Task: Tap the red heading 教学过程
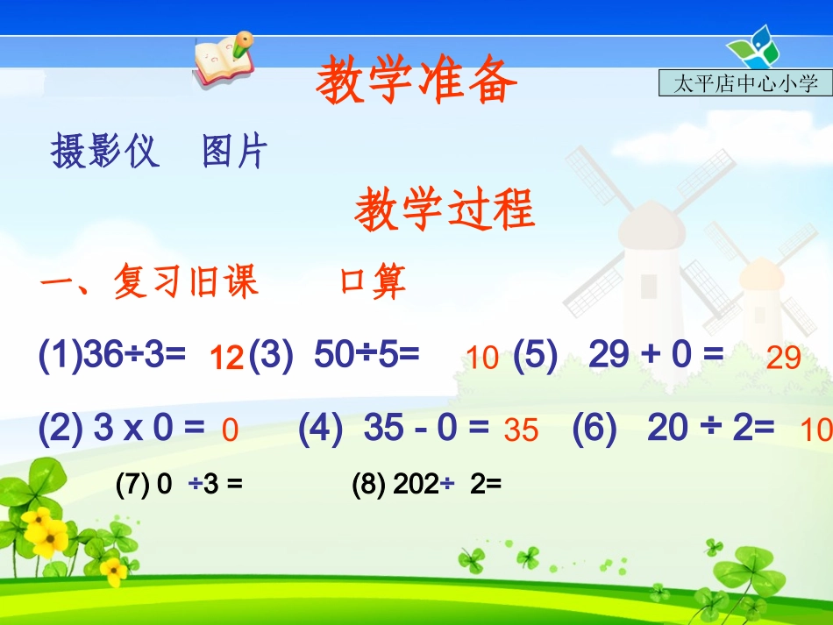click(445, 211)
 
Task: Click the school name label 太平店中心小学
click(744, 83)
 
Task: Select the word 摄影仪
click(105, 152)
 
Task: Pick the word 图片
click(234, 152)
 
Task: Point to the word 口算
click(373, 282)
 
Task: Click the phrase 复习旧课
click(185, 282)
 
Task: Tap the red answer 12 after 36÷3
click(227, 358)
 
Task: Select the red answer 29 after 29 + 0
click(783, 358)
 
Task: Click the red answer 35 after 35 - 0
click(521, 430)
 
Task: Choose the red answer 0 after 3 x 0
click(230, 430)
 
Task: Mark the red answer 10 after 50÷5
click(482, 358)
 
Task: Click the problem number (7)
click(132, 485)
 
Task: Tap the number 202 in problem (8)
click(416, 485)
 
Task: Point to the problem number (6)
click(594, 428)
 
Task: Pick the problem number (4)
click(320, 428)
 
